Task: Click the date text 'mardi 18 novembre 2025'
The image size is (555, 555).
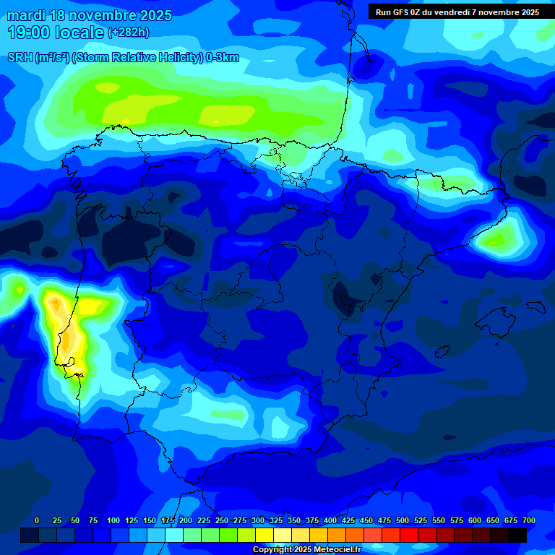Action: tap(89, 15)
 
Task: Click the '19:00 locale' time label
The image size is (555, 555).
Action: tap(56, 33)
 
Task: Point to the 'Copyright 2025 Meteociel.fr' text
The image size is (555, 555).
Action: tap(306, 549)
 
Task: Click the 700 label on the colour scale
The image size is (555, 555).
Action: tap(528, 520)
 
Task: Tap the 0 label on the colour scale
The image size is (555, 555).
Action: tap(37, 520)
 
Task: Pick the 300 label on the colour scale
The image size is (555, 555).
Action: tap(258, 520)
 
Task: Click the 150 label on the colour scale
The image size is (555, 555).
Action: tap(150, 520)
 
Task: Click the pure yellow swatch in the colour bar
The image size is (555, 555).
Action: tap(264, 535)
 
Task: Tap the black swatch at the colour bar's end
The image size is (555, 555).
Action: tap(517, 535)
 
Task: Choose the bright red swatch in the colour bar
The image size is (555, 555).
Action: tap(409, 535)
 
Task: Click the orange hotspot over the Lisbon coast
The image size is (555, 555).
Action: tap(67, 340)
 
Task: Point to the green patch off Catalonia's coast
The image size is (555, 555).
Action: tap(496, 238)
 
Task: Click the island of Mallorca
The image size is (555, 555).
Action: tap(502, 318)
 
